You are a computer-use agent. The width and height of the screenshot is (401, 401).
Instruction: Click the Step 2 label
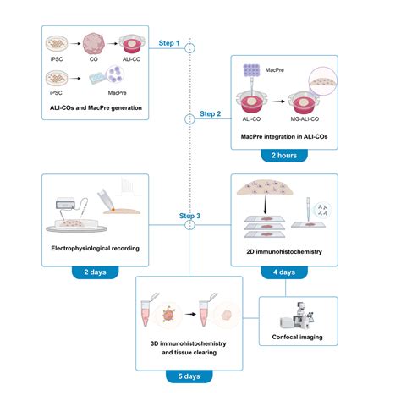[211, 113]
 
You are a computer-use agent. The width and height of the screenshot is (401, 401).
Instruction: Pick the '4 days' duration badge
[283, 272]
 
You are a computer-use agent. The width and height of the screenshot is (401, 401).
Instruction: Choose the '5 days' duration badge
[189, 375]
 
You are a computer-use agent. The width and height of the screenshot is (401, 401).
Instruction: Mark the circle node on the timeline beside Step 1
[190, 49]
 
